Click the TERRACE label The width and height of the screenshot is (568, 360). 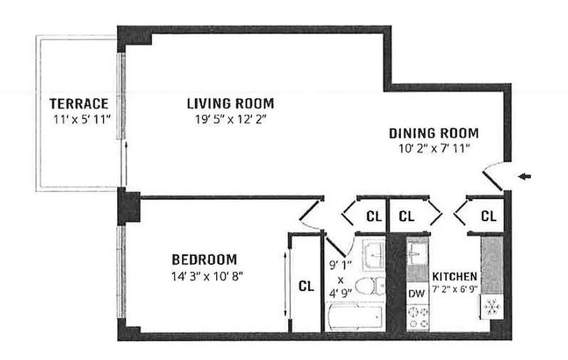[79, 104]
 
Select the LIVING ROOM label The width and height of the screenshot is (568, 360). [230, 104]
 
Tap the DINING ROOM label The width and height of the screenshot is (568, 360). [434, 134]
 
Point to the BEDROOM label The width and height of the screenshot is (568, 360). [204, 260]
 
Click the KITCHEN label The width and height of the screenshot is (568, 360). [454, 276]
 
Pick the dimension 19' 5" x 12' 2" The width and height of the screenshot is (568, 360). [230, 121]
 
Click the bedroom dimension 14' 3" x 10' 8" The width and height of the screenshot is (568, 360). [207, 276]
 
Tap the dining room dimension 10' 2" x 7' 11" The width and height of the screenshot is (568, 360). [434, 149]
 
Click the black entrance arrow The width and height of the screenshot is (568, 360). [524, 177]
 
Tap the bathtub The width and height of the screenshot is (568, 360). [355, 316]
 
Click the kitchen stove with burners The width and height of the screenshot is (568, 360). [417, 318]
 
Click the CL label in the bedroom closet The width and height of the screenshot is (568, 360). [306, 286]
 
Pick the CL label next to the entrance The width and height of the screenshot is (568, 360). [488, 216]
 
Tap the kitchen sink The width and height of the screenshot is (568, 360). [416, 254]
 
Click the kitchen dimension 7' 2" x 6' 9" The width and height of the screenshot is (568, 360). [454, 290]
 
